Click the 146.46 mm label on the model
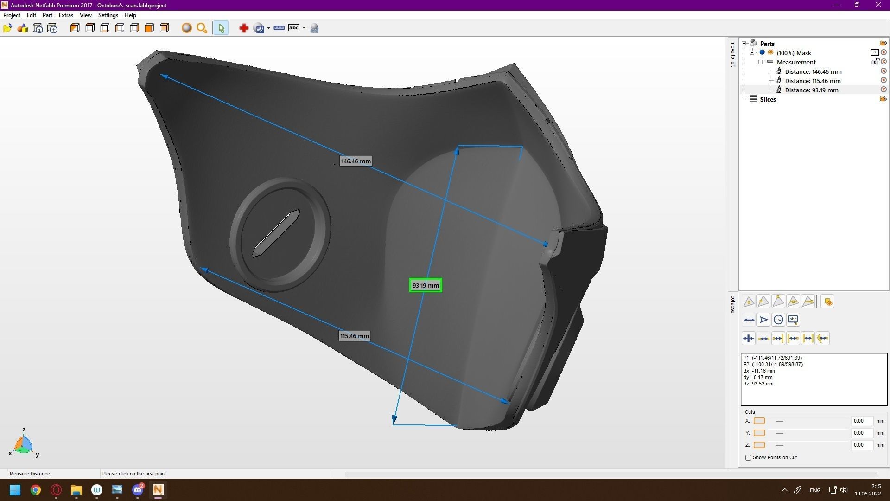tap(356, 161)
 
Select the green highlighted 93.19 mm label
tap(426, 286)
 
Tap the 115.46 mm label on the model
tap(355, 336)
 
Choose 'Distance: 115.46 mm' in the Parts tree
tap(813, 81)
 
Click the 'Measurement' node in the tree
tap(796, 62)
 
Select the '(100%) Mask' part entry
tap(794, 53)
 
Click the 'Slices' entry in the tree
tap(768, 99)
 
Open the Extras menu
tap(66, 15)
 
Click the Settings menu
tap(108, 15)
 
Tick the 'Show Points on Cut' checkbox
tap(748, 458)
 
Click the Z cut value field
tap(861, 445)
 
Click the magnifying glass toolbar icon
tap(202, 28)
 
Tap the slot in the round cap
tap(276, 233)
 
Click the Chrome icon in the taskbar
tap(36, 490)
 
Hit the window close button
tap(878, 5)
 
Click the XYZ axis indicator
tap(23, 444)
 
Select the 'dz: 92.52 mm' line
tap(758, 384)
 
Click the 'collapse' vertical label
tap(733, 304)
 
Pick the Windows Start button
tap(15, 490)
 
